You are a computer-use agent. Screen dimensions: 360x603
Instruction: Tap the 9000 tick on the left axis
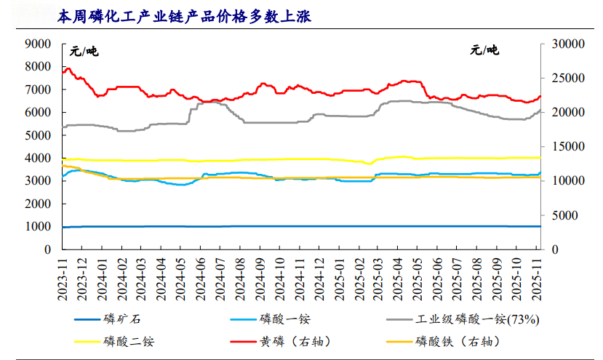37,44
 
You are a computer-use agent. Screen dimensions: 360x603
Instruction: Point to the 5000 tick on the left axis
37,135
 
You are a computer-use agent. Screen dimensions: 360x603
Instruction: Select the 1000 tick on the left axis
37,227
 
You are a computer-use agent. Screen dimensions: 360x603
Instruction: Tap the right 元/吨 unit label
484,51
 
